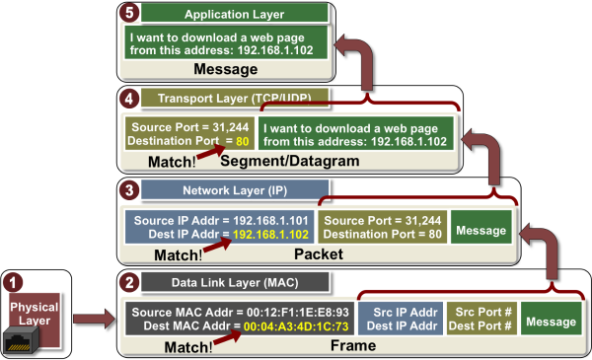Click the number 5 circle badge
point(125,12)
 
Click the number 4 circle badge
point(125,99)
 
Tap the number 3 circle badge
point(125,188)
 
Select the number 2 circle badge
point(125,281)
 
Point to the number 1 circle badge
point(12,280)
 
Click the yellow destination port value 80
point(241,142)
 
